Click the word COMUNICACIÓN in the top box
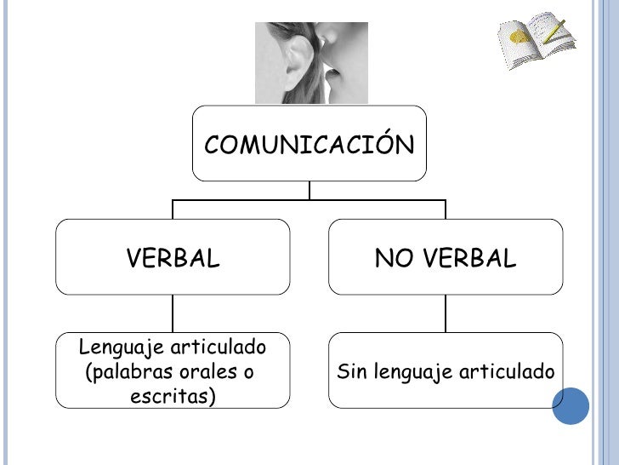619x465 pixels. [309, 145]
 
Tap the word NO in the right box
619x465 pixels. [393, 258]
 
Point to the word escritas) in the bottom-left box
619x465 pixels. [173, 396]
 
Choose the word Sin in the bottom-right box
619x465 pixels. [351, 372]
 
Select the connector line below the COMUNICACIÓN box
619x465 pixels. [309, 191]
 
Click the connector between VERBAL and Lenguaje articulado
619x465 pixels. [173, 313]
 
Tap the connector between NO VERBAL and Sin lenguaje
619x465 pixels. [446, 313]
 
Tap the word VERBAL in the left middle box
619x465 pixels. [173, 258]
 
